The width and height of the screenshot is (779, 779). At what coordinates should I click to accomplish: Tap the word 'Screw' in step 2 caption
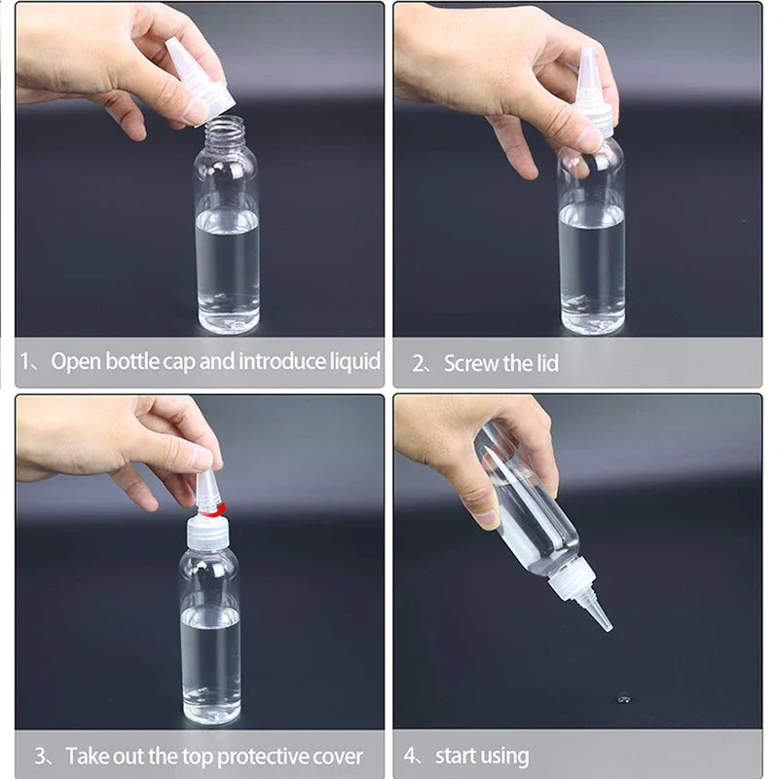coord(469,364)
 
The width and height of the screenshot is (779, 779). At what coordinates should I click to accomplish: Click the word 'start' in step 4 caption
coord(454,756)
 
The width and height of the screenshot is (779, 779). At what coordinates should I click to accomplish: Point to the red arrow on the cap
coord(220,507)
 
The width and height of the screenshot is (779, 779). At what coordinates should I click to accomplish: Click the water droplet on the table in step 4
coord(623,697)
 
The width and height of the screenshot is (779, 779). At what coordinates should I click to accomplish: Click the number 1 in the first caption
coord(25,362)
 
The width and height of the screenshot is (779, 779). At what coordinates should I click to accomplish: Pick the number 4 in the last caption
coord(410,756)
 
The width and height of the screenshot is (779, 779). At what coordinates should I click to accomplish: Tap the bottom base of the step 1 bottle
coord(227,324)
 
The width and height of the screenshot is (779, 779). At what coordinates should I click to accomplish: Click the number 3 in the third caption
coord(41,756)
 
